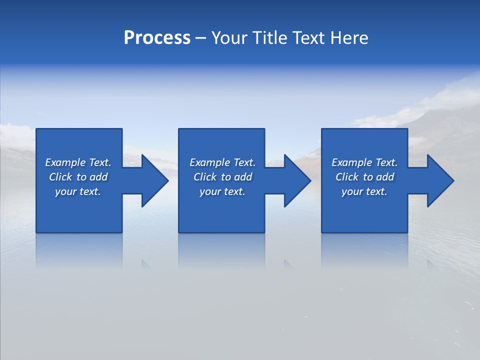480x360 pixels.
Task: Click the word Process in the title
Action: (x=157, y=38)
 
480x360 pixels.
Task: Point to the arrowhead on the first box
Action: (x=152, y=180)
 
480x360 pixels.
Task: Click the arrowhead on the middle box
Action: (x=295, y=180)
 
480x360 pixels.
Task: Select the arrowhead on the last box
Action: (x=438, y=180)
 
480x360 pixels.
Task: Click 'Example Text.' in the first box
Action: (x=78, y=162)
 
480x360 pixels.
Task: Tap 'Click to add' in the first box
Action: (x=78, y=177)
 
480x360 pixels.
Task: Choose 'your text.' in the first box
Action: (x=78, y=191)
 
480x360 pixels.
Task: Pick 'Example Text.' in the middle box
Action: (x=222, y=162)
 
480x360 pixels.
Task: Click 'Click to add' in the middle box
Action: (x=222, y=177)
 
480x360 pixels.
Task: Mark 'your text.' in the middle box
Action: (x=222, y=191)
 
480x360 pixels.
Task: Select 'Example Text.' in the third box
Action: (x=364, y=162)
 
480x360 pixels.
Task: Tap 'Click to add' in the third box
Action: (x=364, y=177)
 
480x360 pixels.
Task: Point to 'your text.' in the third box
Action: (x=364, y=191)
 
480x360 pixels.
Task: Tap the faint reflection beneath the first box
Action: (x=79, y=250)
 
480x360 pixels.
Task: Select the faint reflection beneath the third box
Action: (x=364, y=250)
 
